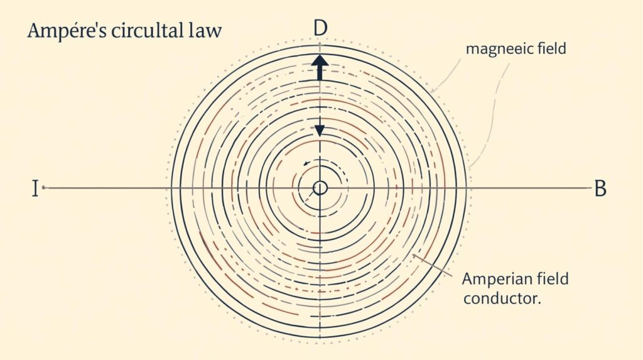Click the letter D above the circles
(x=320, y=28)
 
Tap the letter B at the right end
(x=600, y=188)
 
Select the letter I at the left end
(x=35, y=188)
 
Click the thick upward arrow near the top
(x=320, y=67)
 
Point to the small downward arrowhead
(x=320, y=131)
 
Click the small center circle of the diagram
(x=320, y=188)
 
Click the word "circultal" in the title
(x=148, y=31)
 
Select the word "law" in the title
(x=205, y=31)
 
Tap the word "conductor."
(x=501, y=298)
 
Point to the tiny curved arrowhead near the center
(x=306, y=163)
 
